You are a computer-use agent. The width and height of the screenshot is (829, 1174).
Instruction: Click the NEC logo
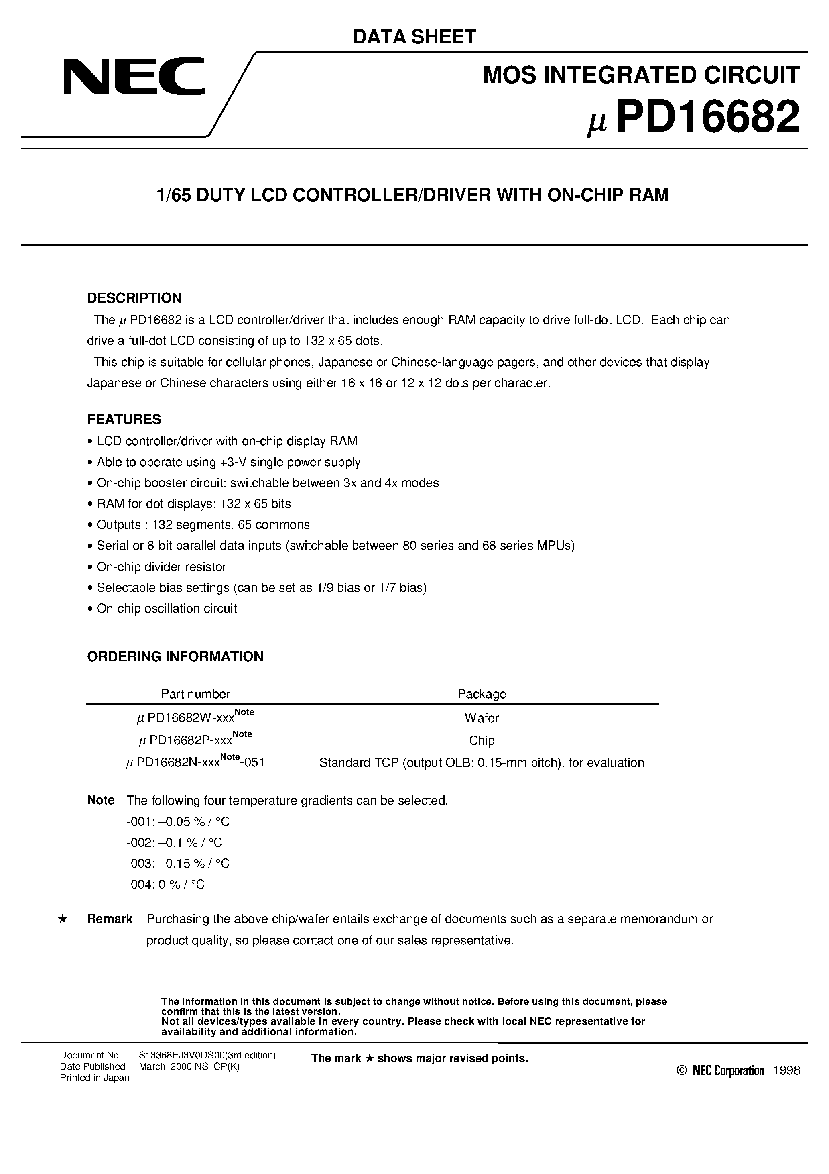point(134,77)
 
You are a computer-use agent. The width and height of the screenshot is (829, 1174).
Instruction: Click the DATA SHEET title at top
point(414,37)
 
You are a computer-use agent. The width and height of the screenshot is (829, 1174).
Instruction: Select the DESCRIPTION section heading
point(134,298)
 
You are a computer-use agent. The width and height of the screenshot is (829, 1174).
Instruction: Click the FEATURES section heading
point(124,419)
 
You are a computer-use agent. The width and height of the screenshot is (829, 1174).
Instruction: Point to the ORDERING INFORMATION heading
point(175,656)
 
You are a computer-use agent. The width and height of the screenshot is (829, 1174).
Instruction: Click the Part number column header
point(195,694)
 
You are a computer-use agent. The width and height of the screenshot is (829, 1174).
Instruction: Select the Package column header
point(482,694)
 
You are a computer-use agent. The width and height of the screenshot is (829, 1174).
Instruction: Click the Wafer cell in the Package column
point(482,718)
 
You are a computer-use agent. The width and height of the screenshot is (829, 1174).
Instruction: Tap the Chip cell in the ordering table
point(482,740)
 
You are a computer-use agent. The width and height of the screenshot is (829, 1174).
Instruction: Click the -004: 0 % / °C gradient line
point(165,884)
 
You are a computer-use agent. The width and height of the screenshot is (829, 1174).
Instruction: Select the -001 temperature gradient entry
point(177,821)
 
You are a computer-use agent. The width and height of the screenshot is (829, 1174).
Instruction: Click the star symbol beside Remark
point(62,919)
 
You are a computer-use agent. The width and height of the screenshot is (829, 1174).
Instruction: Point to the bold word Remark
point(110,919)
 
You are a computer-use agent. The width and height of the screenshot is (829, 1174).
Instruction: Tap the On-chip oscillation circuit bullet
point(166,608)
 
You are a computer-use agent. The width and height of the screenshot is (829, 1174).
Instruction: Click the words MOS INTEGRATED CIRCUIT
point(641,75)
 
